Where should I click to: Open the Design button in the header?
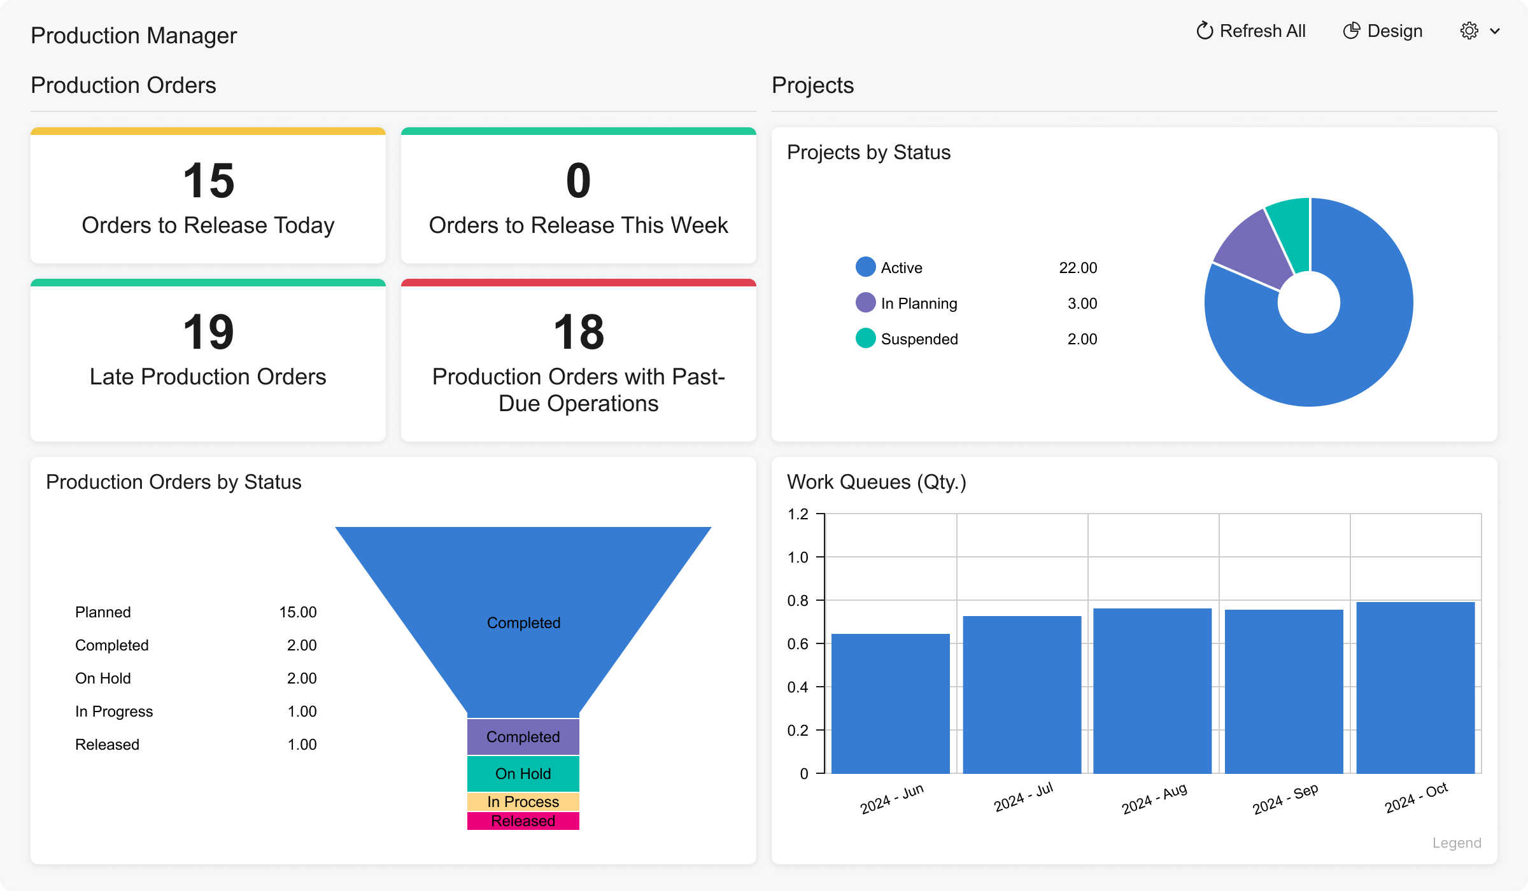click(x=1382, y=31)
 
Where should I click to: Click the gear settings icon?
click(x=1469, y=31)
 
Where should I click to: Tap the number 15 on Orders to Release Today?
click(x=208, y=181)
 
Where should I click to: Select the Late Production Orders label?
click(x=208, y=377)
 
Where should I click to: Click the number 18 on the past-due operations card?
click(x=578, y=332)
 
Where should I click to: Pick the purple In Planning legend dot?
click(x=865, y=303)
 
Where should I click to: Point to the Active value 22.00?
click(x=1077, y=268)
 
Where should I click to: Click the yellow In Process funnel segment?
click(x=523, y=802)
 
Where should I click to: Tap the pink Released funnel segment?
click(x=523, y=821)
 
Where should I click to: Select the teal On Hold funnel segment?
click(x=523, y=773)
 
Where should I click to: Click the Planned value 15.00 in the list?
click(x=297, y=612)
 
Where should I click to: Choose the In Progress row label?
click(x=114, y=712)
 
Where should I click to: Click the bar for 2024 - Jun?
click(x=890, y=703)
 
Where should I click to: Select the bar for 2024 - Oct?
click(x=1415, y=687)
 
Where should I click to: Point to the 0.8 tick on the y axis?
click(x=798, y=601)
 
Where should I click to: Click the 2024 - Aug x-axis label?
click(x=1154, y=799)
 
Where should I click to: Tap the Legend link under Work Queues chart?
click(x=1456, y=843)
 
